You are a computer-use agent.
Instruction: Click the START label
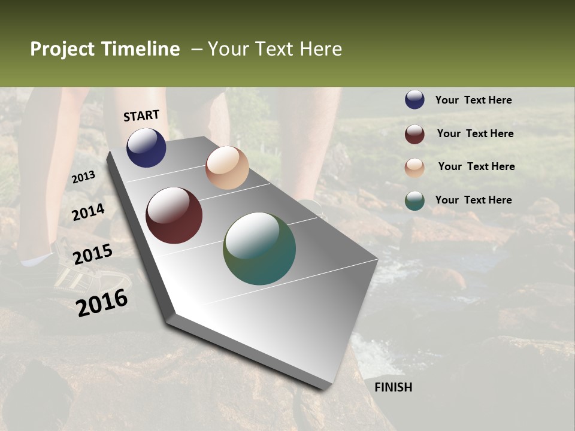[x=141, y=116]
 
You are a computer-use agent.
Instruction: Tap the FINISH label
[x=393, y=387]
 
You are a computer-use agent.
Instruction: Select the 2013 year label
[x=83, y=177]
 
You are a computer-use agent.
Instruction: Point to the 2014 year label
[x=88, y=212]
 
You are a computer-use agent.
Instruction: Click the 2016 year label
[x=102, y=302]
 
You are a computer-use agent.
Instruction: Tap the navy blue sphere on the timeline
[x=146, y=148]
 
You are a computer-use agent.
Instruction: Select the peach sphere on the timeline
[x=227, y=168]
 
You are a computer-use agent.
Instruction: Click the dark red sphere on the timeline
[x=174, y=215]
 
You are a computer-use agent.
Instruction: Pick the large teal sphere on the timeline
[x=259, y=248]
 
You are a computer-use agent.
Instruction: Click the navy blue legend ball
[x=414, y=100]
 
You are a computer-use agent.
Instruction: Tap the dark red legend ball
[x=414, y=134]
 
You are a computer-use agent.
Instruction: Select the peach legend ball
[x=414, y=167]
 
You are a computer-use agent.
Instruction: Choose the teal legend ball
[x=414, y=201]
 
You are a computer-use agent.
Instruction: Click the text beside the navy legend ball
[x=473, y=100]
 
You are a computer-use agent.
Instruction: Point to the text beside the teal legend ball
[x=473, y=200]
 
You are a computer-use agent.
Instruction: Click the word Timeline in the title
[x=141, y=49]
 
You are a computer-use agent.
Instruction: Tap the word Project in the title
[x=63, y=49]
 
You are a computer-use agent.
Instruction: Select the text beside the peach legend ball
[x=476, y=166]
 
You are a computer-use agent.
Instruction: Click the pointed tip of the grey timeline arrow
[x=326, y=388]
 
